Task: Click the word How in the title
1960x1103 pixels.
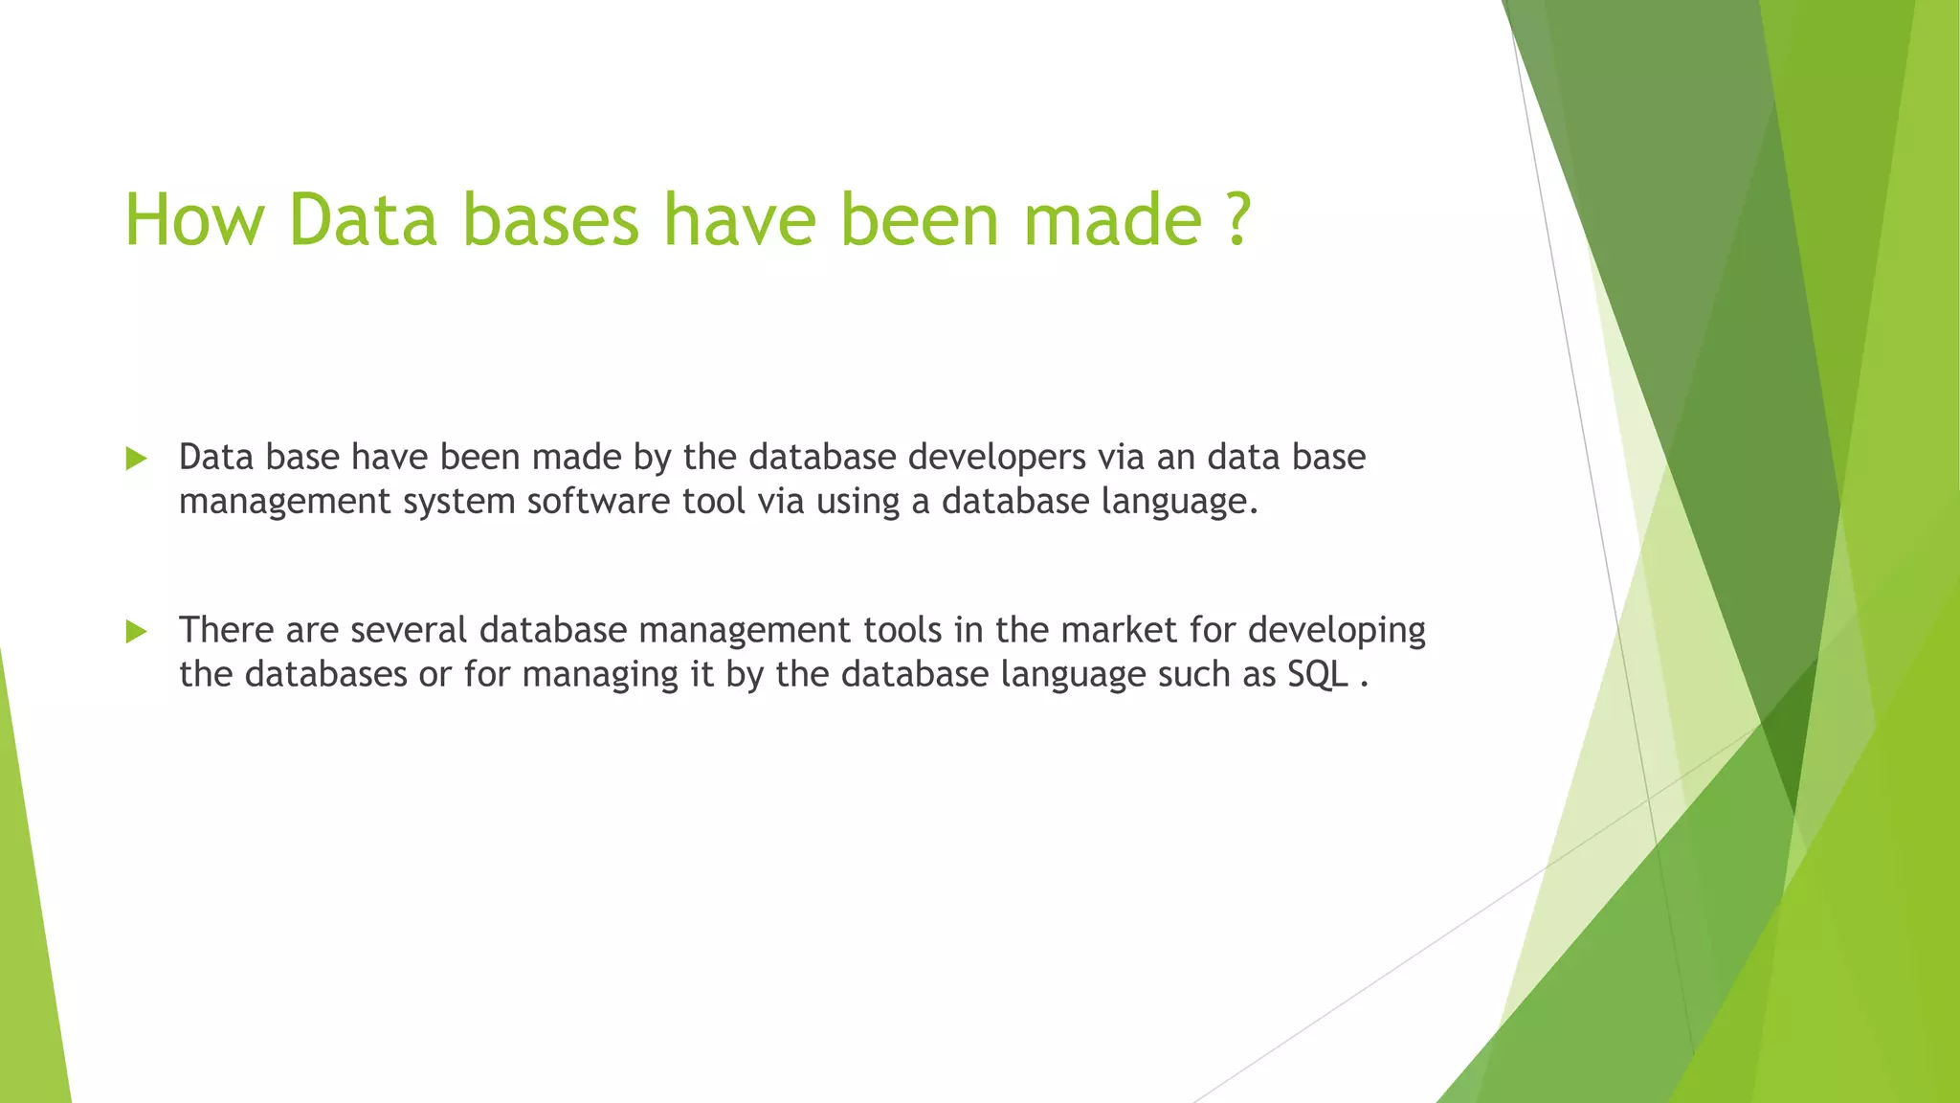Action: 194,220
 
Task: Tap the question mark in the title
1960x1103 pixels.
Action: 1237,220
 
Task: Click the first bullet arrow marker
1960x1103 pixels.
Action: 136,459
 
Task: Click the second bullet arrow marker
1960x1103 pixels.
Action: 136,631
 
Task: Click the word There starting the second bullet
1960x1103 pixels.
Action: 227,631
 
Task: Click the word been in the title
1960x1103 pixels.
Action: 919,220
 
